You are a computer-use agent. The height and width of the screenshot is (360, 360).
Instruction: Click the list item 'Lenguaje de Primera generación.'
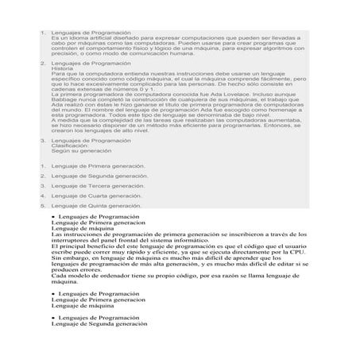pyautogui.click(x=99, y=166)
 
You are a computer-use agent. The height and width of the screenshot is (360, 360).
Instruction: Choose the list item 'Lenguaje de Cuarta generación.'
pyautogui.click(x=98, y=195)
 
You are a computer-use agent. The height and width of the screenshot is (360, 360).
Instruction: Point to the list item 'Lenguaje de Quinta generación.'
pyautogui.click(x=98, y=204)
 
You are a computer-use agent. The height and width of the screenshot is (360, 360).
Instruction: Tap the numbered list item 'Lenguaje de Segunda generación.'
pyautogui.click(x=99, y=176)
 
